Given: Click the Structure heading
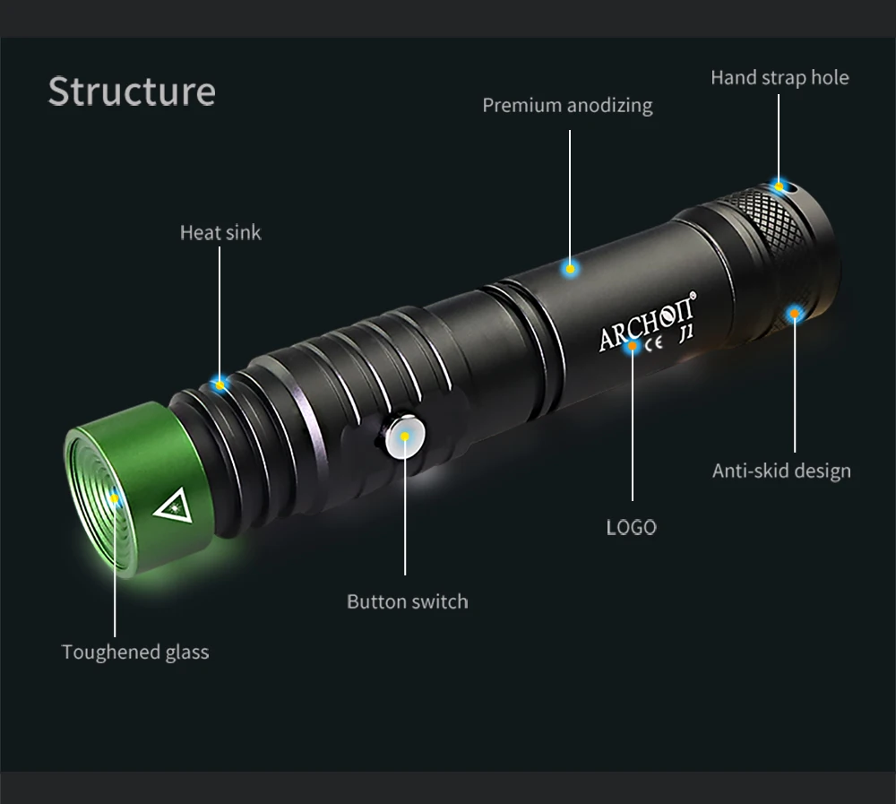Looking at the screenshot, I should pos(132,91).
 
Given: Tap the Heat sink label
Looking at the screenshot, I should pos(220,232).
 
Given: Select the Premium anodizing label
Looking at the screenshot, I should pos(567,105).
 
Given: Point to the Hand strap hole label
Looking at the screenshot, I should pos(780,77).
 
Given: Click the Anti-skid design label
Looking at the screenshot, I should pos(781,471).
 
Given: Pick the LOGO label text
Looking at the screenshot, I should pos(631,527).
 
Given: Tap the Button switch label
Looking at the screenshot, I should pos(407,601).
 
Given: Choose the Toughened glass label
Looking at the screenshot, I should pos(135,652).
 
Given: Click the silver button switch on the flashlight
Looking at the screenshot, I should pos(403,437).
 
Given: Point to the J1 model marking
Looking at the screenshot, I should pos(687,333).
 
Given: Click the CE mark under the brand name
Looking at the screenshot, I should pos(653,343).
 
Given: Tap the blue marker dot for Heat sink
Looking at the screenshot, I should pos(220,384).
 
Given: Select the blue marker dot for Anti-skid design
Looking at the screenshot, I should pos(794,313).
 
